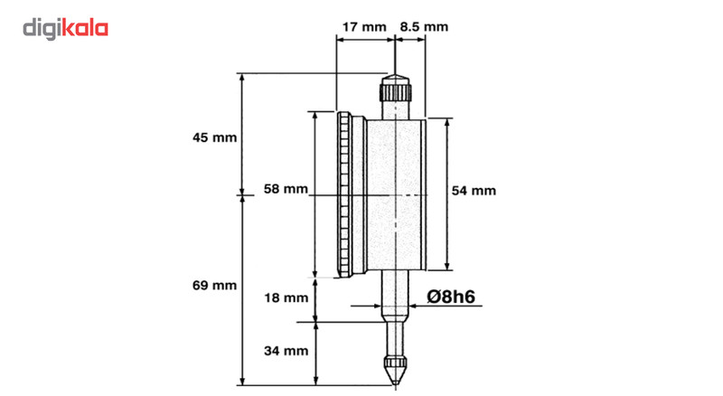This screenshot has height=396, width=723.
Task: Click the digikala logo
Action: [65, 29]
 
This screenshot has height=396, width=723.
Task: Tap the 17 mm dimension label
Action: [361, 27]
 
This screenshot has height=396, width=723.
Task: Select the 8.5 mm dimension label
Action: [423, 27]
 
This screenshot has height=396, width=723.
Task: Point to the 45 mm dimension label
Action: [214, 138]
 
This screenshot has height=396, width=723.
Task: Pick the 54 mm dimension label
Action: [474, 191]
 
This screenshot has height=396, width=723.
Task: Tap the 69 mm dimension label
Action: [214, 285]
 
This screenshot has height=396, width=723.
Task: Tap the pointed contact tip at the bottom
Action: [395, 372]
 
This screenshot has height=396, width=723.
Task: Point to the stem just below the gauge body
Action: [395, 294]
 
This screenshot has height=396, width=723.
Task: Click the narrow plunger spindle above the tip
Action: [395, 339]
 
